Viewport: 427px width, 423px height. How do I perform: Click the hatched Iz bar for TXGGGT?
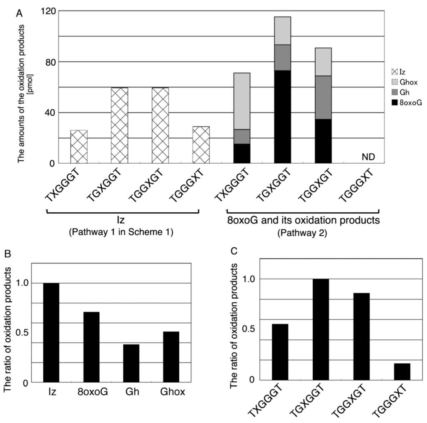(x=79, y=147)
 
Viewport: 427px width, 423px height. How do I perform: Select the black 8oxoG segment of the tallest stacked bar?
(x=282, y=117)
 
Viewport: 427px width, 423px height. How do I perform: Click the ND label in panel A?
(x=369, y=157)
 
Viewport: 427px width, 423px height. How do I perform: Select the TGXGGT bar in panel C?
(x=320, y=329)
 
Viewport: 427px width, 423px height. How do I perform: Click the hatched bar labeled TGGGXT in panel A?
(x=201, y=145)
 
